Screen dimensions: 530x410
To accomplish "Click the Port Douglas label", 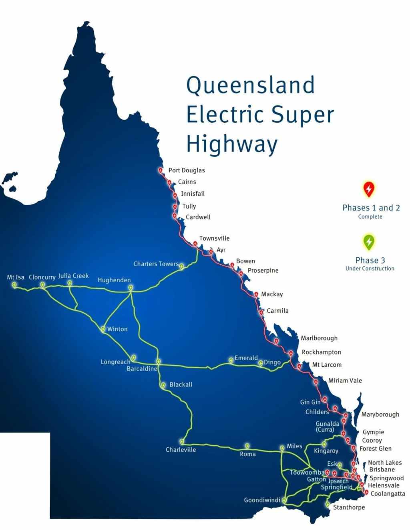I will (187, 170).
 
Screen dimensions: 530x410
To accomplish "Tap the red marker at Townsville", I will (195, 243).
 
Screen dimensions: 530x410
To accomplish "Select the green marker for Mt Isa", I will (14, 285).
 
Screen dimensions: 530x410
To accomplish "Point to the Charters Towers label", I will (156, 264).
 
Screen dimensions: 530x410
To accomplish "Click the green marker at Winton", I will (103, 329).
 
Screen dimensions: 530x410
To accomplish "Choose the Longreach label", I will (115, 362).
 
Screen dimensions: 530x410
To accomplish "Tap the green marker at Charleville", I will (182, 441).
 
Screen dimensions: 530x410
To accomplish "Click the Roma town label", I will (248, 454).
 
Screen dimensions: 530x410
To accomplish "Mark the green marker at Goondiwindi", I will (283, 500).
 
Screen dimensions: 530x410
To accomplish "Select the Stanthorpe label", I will (349, 508).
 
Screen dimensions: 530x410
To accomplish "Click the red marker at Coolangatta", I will (366, 492).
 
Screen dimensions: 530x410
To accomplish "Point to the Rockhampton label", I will (322, 352).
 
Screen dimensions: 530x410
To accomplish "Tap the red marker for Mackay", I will (256, 294).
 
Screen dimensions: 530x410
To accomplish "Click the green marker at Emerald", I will (231, 360).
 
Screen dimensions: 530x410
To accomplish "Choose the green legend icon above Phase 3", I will (369, 241).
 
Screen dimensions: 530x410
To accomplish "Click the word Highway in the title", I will (232, 144).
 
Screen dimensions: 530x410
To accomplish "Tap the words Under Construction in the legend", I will (370, 269).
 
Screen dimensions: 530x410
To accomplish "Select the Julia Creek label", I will (73, 276).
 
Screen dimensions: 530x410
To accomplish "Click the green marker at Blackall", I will (163, 385).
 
